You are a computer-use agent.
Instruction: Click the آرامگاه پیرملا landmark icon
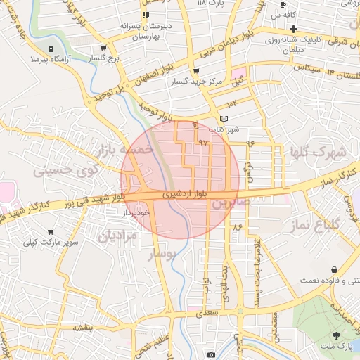51,48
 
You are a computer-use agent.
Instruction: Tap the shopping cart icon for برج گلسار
103,48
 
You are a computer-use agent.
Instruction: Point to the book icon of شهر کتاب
224,119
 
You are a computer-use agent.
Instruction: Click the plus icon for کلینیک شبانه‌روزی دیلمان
293,29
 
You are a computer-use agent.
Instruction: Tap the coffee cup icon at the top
282,5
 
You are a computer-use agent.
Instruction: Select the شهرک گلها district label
318,152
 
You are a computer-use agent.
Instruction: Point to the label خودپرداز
135,210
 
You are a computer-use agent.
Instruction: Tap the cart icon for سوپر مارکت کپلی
51,231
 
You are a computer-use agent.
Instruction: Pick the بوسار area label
162,254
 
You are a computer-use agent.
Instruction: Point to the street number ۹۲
204,143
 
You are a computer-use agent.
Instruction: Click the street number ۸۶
237,227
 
